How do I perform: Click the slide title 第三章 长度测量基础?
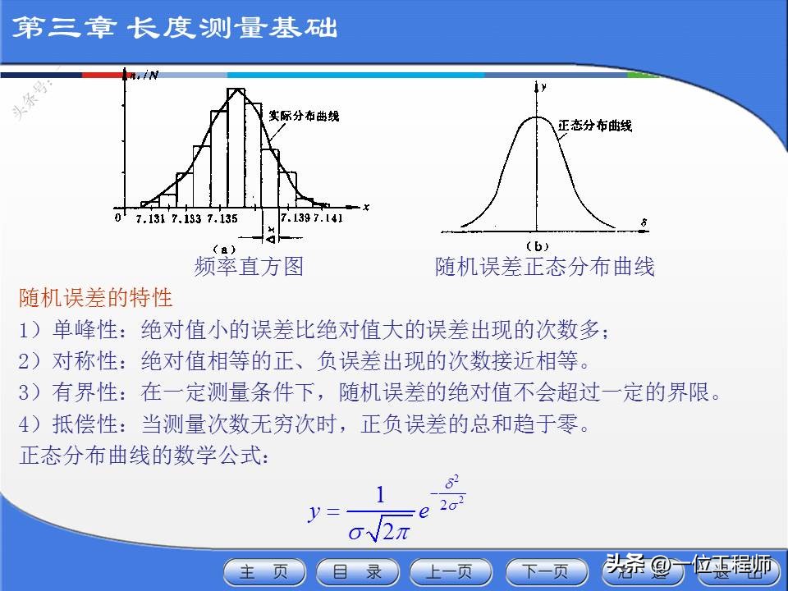coord(176,29)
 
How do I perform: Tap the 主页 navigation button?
coord(263,572)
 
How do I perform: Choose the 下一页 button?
coord(546,572)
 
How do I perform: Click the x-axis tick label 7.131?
coord(150,218)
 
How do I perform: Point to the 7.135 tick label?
coord(222,218)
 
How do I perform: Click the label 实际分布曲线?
coord(304,116)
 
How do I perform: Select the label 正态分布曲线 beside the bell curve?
coord(594,126)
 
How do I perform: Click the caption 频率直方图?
coord(249,267)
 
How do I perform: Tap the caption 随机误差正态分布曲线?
coord(544,267)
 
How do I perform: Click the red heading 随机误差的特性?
coord(95,297)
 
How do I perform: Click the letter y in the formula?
coord(314,512)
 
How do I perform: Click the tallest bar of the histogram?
coord(236,148)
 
